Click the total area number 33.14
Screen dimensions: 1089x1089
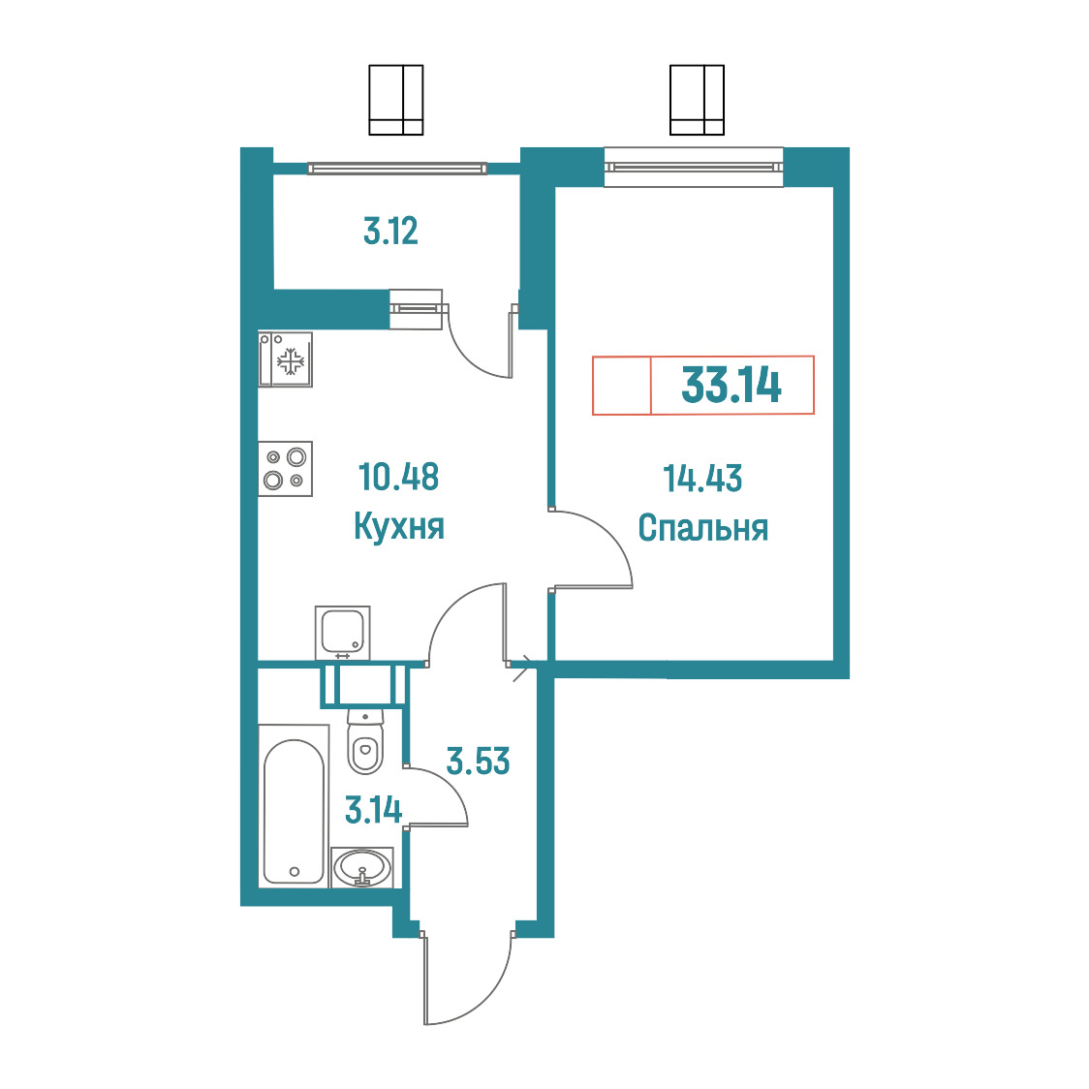(731, 385)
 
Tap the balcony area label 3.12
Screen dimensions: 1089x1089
(391, 232)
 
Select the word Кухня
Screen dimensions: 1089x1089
(398, 526)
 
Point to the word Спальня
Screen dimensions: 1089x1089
(702, 528)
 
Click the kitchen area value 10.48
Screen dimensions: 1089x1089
(398, 477)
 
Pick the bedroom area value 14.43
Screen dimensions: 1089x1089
(702, 479)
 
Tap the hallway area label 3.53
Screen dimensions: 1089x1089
(478, 762)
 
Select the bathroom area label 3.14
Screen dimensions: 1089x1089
(374, 810)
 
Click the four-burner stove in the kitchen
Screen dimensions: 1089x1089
(286, 469)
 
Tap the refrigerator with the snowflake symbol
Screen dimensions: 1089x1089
(286, 359)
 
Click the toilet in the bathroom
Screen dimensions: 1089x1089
(365, 741)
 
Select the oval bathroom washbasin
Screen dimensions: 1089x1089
(361, 867)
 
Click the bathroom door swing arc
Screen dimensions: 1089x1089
(448, 784)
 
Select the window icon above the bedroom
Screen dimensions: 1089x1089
(697, 100)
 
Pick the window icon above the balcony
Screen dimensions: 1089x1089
(396, 100)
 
